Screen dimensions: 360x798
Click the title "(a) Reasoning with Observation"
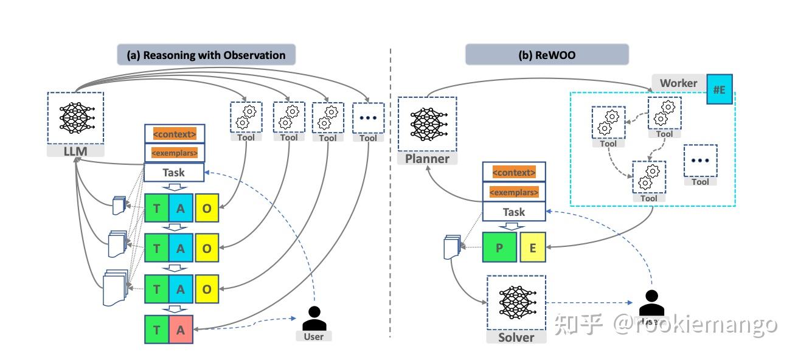click(x=206, y=55)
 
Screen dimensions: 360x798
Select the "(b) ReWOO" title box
click(x=546, y=55)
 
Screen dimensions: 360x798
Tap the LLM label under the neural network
click(x=75, y=150)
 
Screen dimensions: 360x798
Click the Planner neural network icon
click(x=426, y=123)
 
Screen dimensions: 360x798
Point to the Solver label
click(x=516, y=337)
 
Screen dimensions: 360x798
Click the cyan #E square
click(x=719, y=89)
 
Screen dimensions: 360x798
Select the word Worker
click(x=678, y=83)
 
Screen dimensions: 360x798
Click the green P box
click(x=499, y=247)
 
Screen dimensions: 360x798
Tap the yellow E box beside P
click(x=533, y=247)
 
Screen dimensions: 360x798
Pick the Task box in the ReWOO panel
click(x=514, y=212)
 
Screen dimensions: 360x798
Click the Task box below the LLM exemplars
click(x=173, y=173)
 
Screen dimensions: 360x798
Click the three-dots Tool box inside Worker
click(x=700, y=161)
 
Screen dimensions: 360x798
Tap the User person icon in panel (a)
click(x=314, y=318)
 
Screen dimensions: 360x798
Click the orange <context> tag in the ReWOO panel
click(x=514, y=173)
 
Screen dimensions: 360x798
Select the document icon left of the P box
click(x=451, y=246)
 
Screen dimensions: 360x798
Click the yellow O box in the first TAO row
click(x=207, y=209)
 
